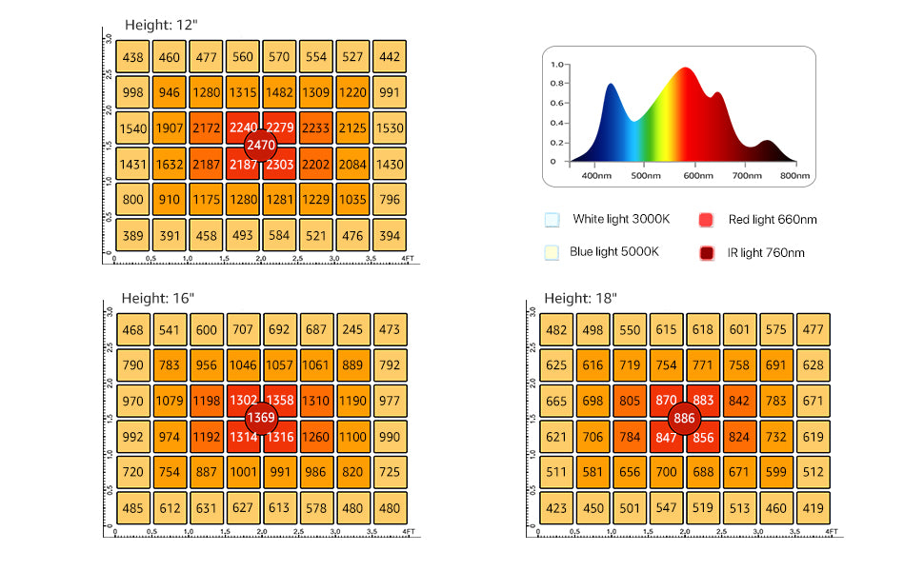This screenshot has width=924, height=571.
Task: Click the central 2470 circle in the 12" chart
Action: [x=260, y=147]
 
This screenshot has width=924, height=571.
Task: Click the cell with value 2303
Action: [x=279, y=165]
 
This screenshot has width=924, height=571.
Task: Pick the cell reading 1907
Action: [x=170, y=128]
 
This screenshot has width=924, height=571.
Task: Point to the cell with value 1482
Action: [x=279, y=92]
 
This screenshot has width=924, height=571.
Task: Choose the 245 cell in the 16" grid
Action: [x=352, y=329]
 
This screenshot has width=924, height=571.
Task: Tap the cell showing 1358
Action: [x=279, y=401]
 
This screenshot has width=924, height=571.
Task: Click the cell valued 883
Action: [x=703, y=401]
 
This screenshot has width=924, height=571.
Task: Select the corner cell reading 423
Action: [x=557, y=507]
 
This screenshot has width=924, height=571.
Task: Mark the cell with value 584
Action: [x=279, y=235]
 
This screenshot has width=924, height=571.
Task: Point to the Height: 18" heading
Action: [x=581, y=298]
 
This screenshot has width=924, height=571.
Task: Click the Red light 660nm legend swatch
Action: [x=706, y=220]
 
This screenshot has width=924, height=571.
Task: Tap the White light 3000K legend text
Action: [x=621, y=219]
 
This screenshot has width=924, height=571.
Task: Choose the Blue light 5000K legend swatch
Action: [x=552, y=252]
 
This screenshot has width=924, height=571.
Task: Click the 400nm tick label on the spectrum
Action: [x=595, y=175]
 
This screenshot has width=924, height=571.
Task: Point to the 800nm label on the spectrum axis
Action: [x=794, y=175]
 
